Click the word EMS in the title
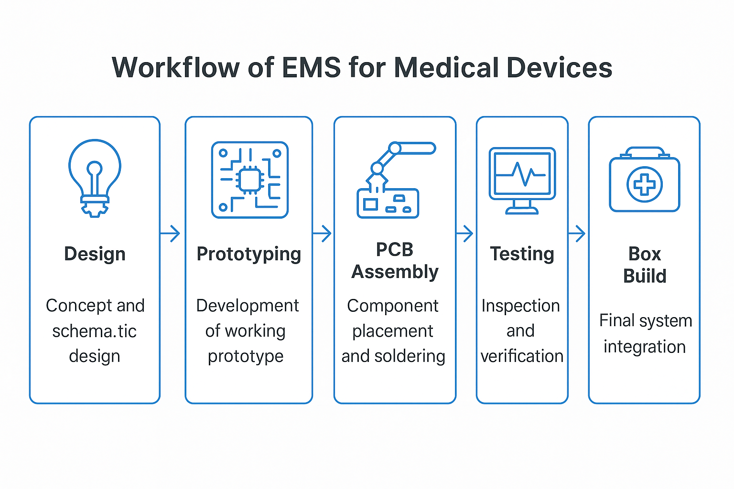tap(311, 67)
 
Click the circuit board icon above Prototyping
tap(249, 180)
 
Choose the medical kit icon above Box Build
tap(644, 180)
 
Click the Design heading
tap(95, 254)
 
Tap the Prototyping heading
tap(248, 254)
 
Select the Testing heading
tap(522, 254)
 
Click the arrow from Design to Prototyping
tap(170, 234)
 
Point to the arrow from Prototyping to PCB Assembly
tap(322, 234)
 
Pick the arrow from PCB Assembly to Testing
tap(464, 234)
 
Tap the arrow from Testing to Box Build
tap(577, 234)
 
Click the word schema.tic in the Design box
tap(95, 331)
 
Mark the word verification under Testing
tap(522, 356)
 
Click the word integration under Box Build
tap(644, 347)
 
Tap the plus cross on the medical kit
tap(644, 184)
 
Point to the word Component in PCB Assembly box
tap(393, 306)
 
